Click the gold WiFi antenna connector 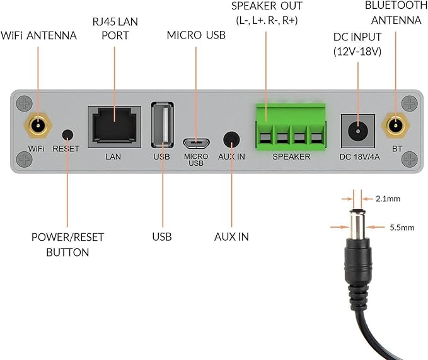point(38,126)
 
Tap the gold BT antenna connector point(395,125)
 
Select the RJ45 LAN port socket point(114,127)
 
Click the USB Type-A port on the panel point(163,125)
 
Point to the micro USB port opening point(196,142)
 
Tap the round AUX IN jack point(231,139)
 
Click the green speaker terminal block point(291,127)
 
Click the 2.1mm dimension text point(388,199)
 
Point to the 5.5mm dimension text point(402,228)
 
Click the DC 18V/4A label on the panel point(359,157)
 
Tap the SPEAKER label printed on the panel point(291,156)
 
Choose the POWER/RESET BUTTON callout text point(67,245)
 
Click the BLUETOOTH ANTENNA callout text point(396,13)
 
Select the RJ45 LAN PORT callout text point(115,28)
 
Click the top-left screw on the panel point(25,104)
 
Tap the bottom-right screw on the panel point(410,159)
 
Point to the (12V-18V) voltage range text point(357,51)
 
